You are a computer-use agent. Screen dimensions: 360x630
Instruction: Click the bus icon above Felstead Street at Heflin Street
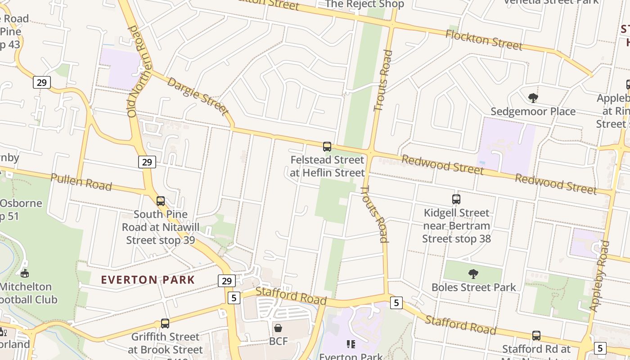(x=327, y=147)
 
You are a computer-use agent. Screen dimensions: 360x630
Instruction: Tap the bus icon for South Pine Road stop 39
(x=161, y=201)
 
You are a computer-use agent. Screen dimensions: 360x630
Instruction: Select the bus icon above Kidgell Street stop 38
(x=456, y=199)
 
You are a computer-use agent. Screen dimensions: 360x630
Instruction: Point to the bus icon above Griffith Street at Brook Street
(x=165, y=324)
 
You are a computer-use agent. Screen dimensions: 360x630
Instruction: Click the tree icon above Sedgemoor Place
(x=533, y=98)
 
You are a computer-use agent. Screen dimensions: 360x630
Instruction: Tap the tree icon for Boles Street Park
(x=473, y=274)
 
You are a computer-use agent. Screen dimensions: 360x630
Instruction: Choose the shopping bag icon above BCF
(x=278, y=328)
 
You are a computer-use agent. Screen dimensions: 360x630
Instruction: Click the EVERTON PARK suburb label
(x=148, y=280)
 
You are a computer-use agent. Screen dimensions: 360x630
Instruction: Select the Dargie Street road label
(x=198, y=96)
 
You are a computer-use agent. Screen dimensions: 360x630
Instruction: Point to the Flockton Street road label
(x=484, y=40)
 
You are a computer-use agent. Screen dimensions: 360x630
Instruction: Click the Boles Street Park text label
(x=473, y=287)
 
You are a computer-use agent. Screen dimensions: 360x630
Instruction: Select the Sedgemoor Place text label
(x=533, y=111)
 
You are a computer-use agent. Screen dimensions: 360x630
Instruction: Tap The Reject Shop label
(x=364, y=4)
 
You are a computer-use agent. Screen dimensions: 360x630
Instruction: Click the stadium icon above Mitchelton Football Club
(x=25, y=273)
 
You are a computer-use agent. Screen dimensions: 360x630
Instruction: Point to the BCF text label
(x=278, y=342)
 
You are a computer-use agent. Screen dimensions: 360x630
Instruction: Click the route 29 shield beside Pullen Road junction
(x=147, y=162)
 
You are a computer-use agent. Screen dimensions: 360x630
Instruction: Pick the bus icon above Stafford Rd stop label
(x=536, y=336)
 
